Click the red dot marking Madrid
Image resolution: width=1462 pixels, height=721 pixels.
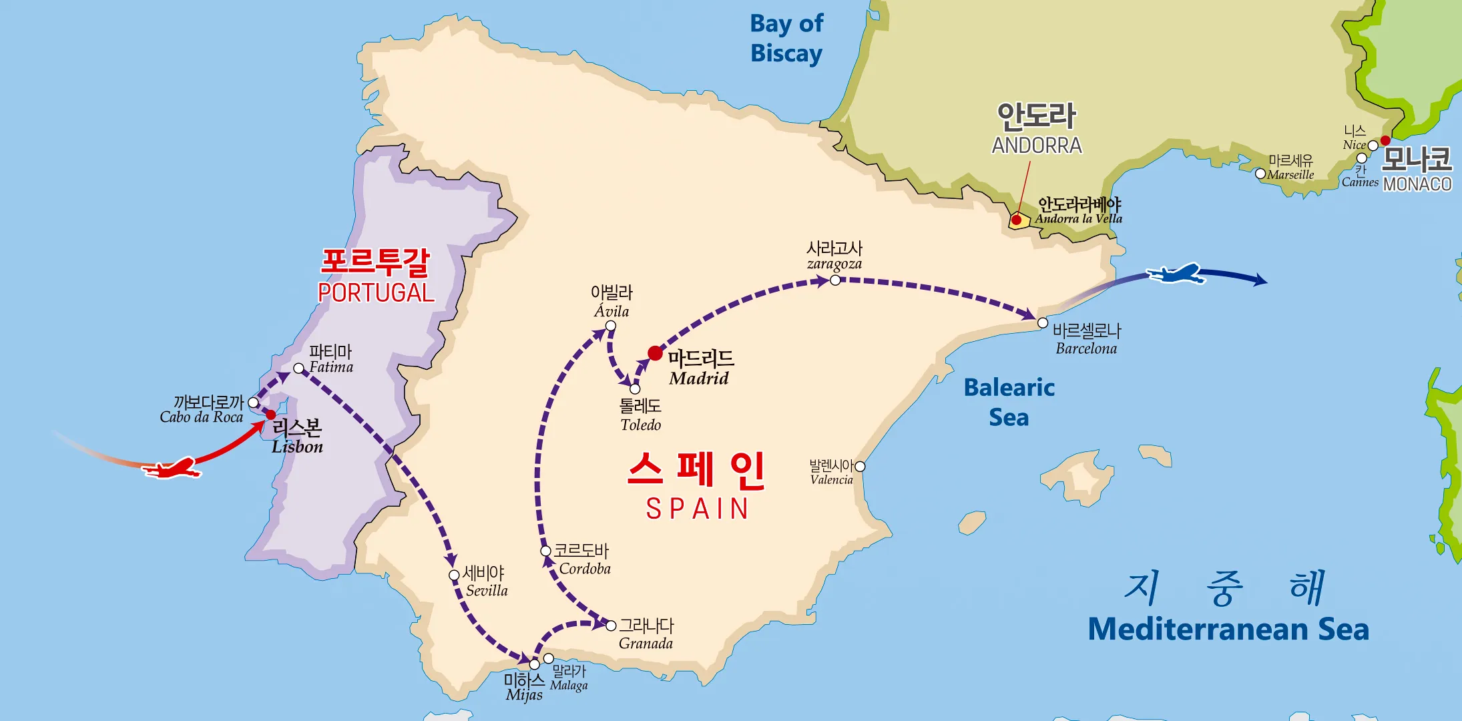(656, 353)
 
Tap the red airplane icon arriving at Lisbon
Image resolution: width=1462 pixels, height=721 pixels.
(172, 468)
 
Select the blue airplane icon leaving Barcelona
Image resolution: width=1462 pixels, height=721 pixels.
(1176, 274)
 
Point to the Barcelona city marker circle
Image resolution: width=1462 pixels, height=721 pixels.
(1043, 323)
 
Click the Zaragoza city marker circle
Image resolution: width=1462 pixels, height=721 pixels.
(835, 280)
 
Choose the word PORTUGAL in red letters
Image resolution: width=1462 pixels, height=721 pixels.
(376, 292)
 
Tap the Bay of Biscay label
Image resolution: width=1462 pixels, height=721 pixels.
(786, 38)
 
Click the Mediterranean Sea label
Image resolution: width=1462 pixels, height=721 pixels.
(1228, 629)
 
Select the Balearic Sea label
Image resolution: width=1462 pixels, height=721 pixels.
(1009, 402)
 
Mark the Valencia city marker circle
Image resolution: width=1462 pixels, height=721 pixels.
(860, 467)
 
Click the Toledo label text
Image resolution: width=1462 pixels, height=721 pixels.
(640, 425)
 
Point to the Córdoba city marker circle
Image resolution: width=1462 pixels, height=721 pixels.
(545, 551)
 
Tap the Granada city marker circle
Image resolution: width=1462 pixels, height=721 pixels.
(611, 626)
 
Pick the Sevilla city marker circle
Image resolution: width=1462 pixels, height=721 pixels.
(454, 575)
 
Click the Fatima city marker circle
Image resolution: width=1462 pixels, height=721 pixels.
(298, 369)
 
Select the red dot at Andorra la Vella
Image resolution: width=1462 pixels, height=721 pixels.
(1016, 220)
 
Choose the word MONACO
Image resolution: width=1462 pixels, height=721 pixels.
(1417, 184)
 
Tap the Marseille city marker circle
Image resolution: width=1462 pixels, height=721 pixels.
(1260, 174)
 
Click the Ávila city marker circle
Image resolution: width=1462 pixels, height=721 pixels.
(610, 326)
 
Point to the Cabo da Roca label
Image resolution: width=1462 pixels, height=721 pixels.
(202, 417)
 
